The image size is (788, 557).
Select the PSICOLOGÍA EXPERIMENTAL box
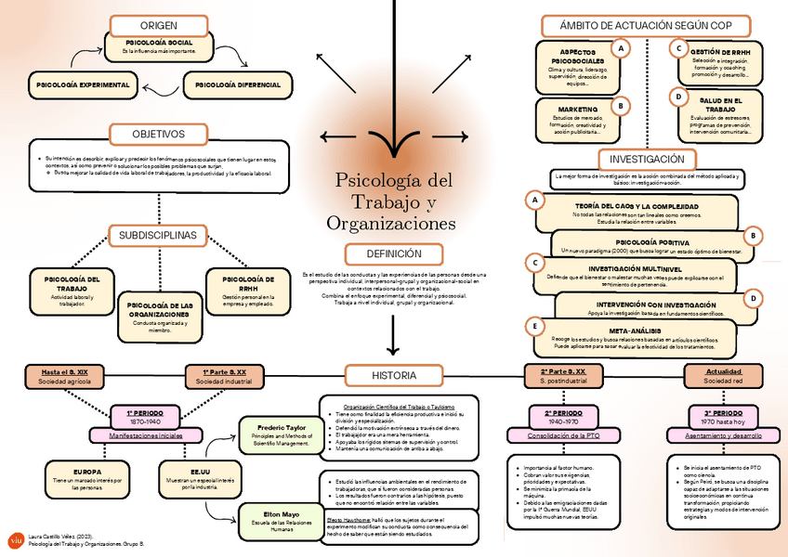(x=83, y=84)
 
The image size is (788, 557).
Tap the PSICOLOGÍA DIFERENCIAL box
(x=237, y=84)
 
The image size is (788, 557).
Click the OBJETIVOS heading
(x=158, y=134)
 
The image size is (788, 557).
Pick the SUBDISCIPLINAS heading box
(x=158, y=236)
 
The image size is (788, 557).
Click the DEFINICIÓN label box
(x=394, y=253)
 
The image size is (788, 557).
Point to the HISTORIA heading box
(x=394, y=375)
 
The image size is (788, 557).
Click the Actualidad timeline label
(x=724, y=370)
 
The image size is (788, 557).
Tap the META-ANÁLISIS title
(x=636, y=330)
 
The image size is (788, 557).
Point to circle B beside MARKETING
(x=619, y=105)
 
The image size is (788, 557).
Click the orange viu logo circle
(x=14, y=539)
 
